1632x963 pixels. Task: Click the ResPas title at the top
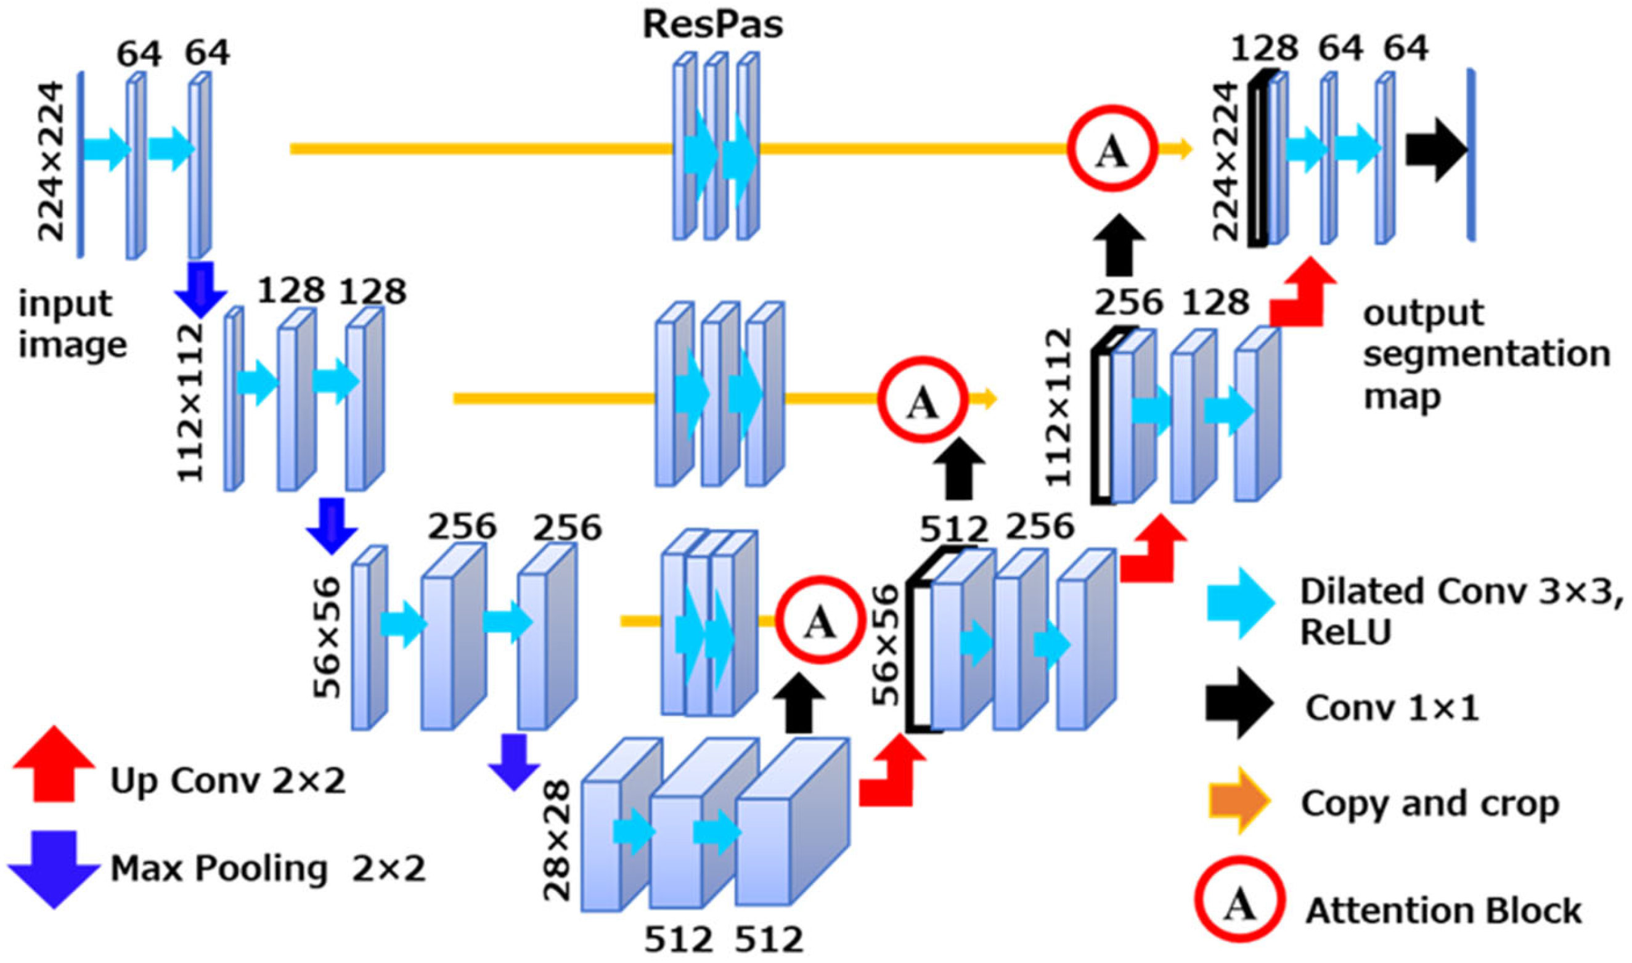click(712, 26)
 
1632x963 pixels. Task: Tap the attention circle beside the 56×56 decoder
click(821, 620)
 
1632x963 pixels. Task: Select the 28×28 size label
click(557, 840)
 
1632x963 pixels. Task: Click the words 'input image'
click(72, 325)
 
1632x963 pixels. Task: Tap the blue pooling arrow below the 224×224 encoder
click(200, 290)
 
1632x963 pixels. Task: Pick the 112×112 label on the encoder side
click(191, 403)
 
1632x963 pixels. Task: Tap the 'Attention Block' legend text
click(1443, 911)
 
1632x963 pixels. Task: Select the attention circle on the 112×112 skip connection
click(923, 400)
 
